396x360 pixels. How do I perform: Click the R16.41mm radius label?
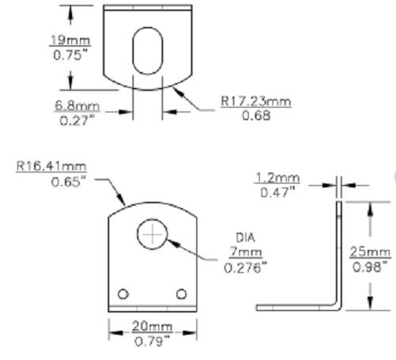click(49, 167)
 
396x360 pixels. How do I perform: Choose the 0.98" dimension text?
click(370, 267)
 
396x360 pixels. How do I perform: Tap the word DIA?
click(245, 237)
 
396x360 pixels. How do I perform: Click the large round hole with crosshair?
click(150, 234)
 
